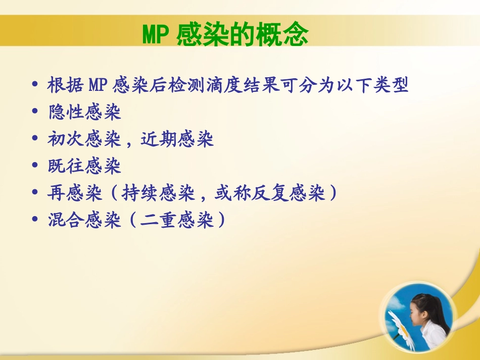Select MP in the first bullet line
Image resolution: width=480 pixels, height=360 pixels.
98,85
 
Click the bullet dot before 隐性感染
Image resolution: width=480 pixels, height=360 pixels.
35,113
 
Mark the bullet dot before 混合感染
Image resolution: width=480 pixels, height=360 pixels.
35,221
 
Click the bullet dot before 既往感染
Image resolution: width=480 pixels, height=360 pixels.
35,167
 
